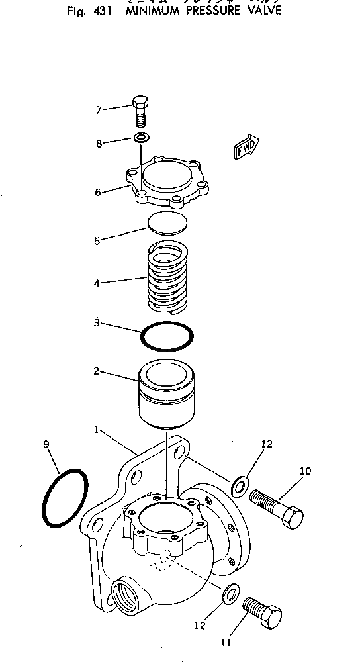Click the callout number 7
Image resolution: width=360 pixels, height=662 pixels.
[98, 110]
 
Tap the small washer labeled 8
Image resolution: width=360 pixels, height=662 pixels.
[140, 138]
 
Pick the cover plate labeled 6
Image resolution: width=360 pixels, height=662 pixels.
[168, 179]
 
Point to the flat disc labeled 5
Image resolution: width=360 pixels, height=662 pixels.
[167, 223]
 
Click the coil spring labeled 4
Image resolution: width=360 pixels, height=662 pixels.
[167, 277]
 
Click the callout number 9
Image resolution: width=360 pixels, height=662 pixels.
[47, 444]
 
